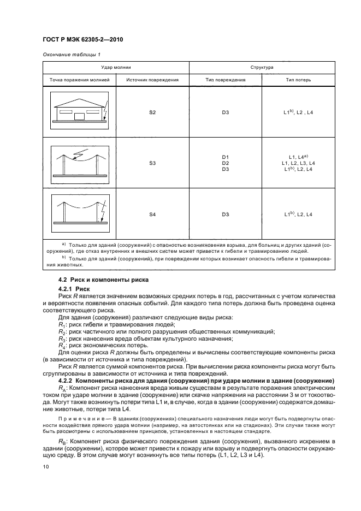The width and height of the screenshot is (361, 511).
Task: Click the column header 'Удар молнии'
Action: tap(116, 66)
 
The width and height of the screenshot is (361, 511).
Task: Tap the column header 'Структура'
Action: tap(262, 66)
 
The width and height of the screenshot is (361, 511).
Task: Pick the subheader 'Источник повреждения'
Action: tap(152, 80)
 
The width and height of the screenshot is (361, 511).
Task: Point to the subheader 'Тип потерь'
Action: tap(298, 80)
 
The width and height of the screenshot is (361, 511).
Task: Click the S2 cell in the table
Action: tap(152, 112)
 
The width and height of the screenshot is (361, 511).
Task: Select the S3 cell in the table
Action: tap(152, 163)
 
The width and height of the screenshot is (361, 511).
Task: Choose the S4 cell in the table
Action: tap(152, 215)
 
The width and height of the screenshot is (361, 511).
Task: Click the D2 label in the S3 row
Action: tap(225, 163)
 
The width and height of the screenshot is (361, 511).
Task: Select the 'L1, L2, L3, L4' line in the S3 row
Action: tap(298, 163)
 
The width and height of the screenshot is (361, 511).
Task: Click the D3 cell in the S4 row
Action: tap(225, 215)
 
